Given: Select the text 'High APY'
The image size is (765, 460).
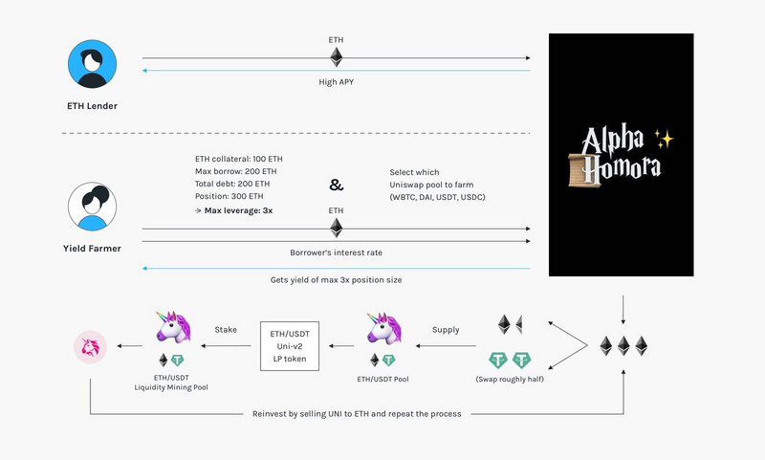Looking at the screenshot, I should click(x=337, y=82).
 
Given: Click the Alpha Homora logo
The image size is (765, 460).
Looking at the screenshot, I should click(x=621, y=154).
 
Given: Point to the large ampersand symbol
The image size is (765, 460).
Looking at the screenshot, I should click(x=336, y=185).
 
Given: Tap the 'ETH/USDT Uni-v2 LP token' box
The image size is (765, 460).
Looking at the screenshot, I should click(x=290, y=345).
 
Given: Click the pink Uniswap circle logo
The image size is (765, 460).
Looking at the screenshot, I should click(x=87, y=345).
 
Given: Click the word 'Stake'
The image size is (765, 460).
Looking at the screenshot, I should click(x=226, y=329).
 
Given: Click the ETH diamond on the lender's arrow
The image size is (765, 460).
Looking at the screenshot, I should click(x=336, y=56).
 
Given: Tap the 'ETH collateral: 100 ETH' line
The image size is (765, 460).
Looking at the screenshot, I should click(x=238, y=157).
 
